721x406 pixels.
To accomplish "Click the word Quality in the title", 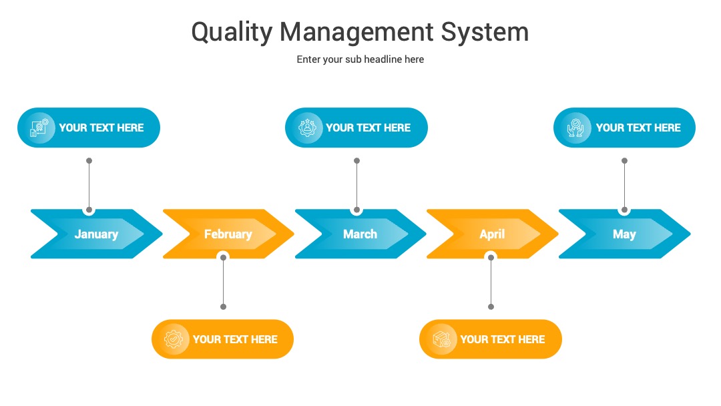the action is [x=232, y=33].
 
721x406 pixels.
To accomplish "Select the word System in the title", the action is [x=485, y=33].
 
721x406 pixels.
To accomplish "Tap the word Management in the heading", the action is [x=356, y=33].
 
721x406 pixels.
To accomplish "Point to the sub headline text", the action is [x=360, y=59].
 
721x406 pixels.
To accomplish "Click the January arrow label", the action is [x=97, y=234].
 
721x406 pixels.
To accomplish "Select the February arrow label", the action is [x=228, y=234].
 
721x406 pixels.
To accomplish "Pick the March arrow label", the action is [x=360, y=234].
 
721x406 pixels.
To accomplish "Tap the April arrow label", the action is [x=492, y=234].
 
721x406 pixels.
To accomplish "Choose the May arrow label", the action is [x=624, y=234].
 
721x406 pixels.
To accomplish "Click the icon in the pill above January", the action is [x=39, y=128].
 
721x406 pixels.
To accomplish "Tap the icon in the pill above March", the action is [x=307, y=128].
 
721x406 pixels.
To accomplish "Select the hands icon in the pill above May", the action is [x=575, y=128].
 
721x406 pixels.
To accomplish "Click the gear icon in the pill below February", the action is [x=174, y=339].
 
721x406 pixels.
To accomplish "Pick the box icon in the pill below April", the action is [x=441, y=339].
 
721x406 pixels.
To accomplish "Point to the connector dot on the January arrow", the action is [x=89, y=210].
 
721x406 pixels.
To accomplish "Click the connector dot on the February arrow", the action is [x=224, y=258].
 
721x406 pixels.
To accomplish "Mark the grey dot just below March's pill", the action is [x=356, y=161].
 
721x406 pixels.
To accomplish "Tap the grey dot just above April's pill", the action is [x=491, y=307].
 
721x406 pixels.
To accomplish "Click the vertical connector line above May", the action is [x=624, y=185].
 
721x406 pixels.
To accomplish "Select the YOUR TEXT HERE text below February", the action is [x=235, y=339].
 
